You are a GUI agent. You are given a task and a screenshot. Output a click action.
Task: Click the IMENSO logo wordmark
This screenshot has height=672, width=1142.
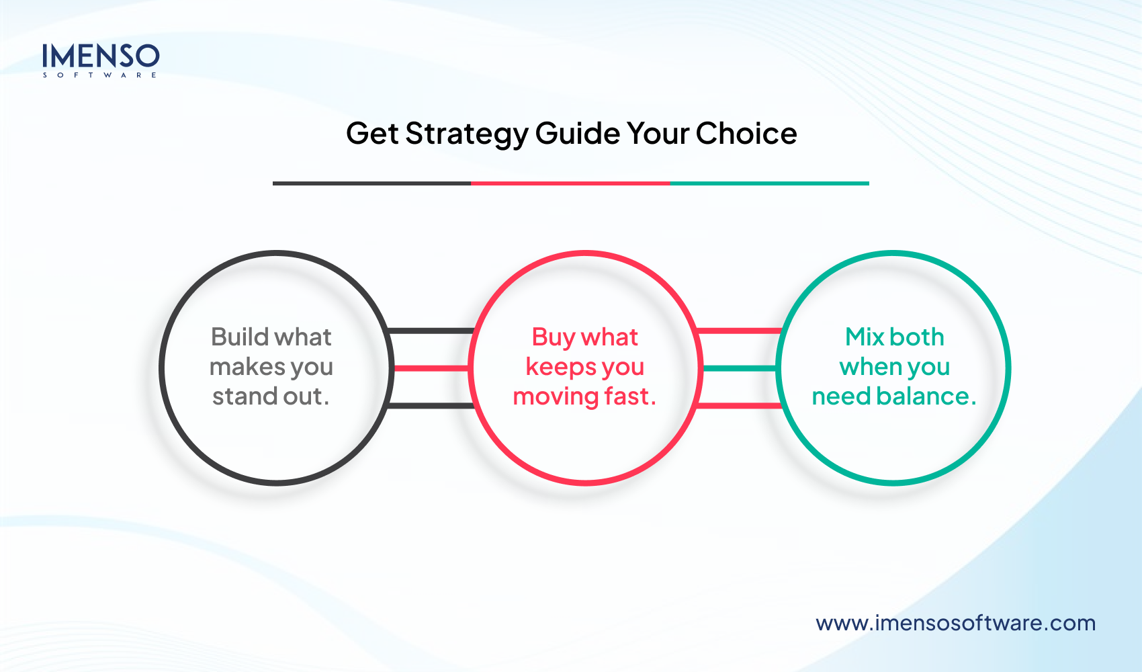[x=101, y=56]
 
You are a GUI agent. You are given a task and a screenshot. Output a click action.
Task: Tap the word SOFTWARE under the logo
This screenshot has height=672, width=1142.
[x=101, y=75]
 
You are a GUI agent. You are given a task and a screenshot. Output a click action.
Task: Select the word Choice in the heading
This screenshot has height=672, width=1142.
[x=746, y=134]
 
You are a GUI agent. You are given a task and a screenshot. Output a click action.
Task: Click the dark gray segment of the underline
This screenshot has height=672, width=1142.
[x=371, y=183]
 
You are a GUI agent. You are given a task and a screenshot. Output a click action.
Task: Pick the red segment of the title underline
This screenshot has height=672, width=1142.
[x=570, y=183]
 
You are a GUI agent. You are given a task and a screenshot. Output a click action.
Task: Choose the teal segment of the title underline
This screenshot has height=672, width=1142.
[x=769, y=183]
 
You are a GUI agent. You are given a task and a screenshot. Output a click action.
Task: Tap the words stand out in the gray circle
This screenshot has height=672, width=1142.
[x=271, y=396]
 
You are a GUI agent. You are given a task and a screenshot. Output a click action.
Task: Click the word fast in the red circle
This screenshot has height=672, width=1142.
[x=629, y=396]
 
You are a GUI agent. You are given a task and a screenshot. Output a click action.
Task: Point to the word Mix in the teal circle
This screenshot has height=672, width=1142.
[x=865, y=337]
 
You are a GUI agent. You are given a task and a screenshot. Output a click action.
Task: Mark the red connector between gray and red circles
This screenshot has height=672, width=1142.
[x=431, y=368]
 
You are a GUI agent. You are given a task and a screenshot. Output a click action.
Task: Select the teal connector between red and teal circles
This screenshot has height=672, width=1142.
[x=739, y=368]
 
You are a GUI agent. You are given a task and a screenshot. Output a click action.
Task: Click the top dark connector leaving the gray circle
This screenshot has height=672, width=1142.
[x=431, y=331]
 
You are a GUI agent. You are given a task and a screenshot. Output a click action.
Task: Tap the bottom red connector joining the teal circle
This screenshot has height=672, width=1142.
[x=739, y=405]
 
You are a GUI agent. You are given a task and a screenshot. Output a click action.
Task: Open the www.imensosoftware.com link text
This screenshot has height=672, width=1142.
[x=955, y=623]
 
